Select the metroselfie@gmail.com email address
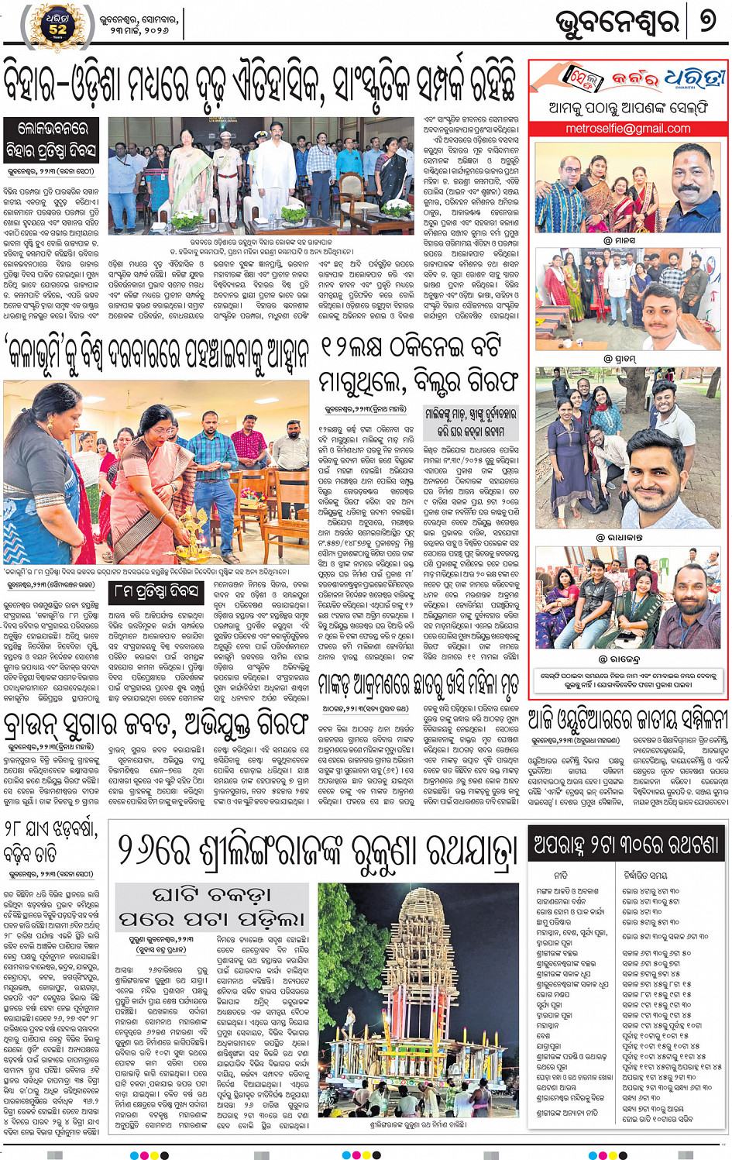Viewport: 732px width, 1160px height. click(627, 129)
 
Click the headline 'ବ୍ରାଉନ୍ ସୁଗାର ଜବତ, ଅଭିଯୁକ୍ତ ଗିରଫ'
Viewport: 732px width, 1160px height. click(154, 724)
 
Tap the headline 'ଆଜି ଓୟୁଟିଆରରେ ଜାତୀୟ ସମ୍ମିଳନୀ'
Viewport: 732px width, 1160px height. click(627, 719)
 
